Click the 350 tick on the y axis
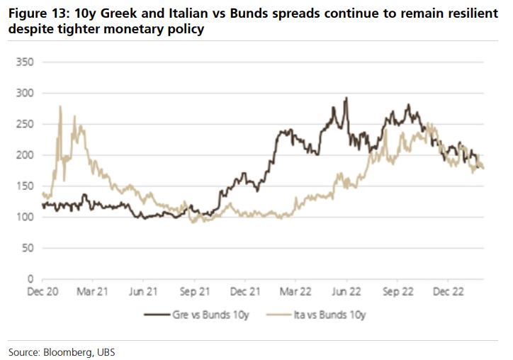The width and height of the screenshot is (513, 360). (26, 62)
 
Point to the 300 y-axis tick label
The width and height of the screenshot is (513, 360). (26, 93)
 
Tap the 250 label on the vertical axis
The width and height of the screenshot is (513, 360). (26, 124)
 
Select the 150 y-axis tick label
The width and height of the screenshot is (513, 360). (26, 186)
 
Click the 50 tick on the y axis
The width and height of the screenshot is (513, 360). (28, 247)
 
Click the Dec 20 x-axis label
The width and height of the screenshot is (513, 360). (43, 291)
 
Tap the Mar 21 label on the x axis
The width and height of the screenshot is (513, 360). (94, 291)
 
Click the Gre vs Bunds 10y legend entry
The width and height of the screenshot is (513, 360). (201, 313)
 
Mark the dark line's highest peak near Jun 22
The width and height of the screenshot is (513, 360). (346, 99)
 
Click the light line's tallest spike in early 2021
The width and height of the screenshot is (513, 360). (60, 107)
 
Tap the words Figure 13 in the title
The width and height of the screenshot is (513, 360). (36, 14)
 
